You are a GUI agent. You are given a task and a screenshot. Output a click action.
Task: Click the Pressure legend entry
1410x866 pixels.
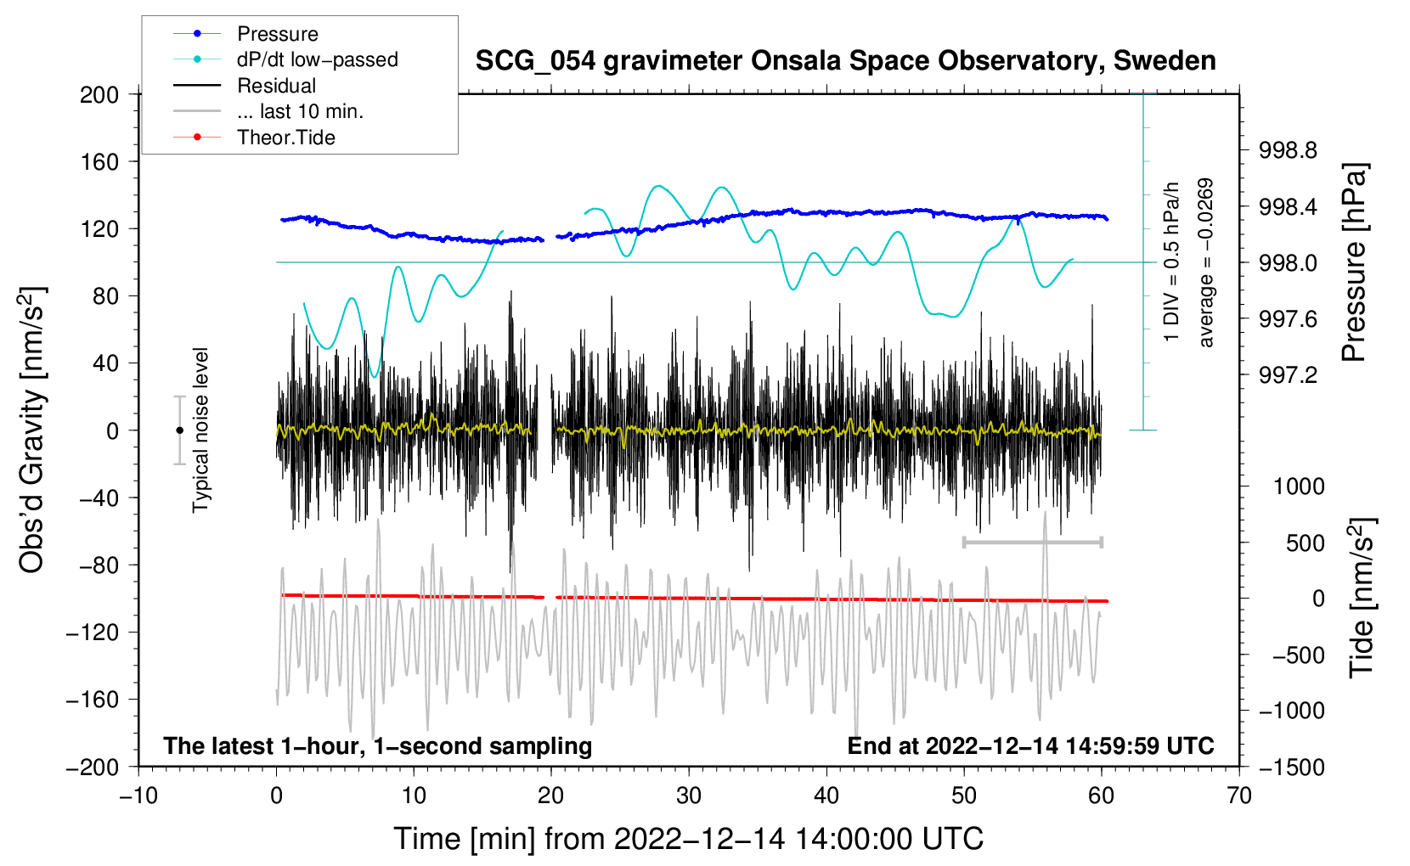[277, 34]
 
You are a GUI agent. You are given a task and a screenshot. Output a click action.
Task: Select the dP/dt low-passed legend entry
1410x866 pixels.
[317, 59]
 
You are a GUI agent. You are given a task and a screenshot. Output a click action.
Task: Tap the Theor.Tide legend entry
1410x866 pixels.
[285, 138]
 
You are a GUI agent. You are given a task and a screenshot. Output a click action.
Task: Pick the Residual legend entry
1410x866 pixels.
[276, 86]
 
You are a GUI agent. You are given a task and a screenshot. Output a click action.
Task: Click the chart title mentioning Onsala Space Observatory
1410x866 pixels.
[845, 61]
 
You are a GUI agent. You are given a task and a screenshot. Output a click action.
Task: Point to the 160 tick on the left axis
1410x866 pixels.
[99, 161]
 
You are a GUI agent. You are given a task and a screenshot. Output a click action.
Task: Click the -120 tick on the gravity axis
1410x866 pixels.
[93, 633]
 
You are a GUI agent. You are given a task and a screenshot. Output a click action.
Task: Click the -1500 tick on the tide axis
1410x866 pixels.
[1292, 767]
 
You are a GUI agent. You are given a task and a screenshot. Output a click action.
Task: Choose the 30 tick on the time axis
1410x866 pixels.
[689, 796]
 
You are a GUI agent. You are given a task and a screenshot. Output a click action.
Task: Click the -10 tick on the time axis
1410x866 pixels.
[138, 796]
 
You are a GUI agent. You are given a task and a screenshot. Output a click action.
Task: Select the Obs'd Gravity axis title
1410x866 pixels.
[32, 430]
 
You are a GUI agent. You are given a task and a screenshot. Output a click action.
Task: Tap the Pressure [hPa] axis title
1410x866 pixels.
[1356, 262]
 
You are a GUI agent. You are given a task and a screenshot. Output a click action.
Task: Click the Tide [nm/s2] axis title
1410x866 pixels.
[1362, 598]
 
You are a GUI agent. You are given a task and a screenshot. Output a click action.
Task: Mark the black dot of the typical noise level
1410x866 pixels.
[179, 430]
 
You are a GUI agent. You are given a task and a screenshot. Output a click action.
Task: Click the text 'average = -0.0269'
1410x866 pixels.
[1206, 262]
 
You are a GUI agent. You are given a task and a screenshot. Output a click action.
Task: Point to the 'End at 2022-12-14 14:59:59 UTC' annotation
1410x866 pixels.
[1030, 745]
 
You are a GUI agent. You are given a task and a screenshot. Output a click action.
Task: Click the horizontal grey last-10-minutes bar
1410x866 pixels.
[1032, 542]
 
